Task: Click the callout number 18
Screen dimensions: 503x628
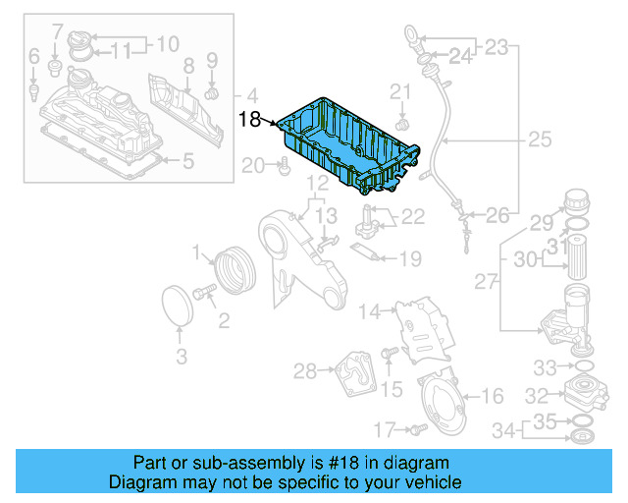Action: pos(249,120)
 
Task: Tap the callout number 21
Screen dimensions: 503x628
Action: pos(399,92)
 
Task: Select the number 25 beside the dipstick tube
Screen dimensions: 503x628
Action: pos(540,140)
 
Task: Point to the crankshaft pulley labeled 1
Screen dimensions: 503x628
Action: pos(234,270)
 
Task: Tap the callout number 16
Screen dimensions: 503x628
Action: pos(493,396)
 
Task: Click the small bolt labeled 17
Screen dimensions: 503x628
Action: pos(418,428)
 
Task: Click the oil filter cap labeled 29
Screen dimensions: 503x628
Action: pos(575,204)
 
